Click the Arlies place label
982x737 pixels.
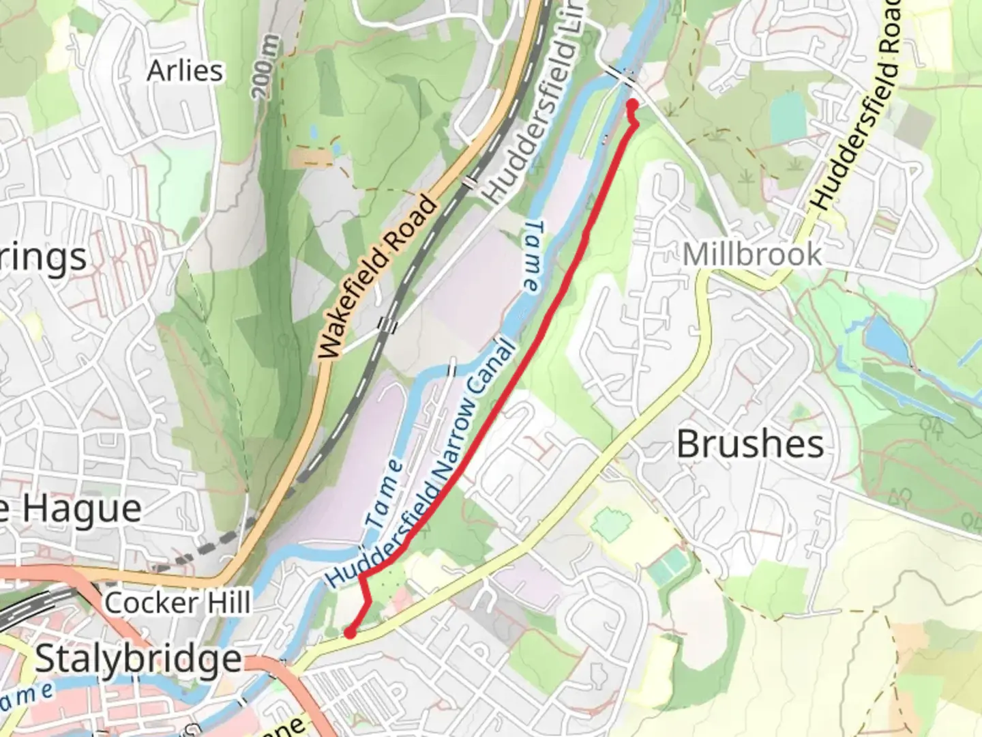(x=185, y=71)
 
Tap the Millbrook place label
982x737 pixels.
(x=752, y=255)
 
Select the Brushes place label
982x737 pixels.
(x=749, y=444)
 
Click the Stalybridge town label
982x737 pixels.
(x=138, y=659)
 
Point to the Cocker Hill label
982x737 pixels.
(x=177, y=603)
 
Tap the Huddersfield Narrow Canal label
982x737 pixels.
(x=423, y=464)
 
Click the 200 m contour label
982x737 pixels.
(x=268, y=66)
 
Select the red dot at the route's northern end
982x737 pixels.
(x=632, y=104)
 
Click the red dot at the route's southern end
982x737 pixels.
(x=350, y=633)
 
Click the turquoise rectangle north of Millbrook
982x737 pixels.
(x=788, y=114)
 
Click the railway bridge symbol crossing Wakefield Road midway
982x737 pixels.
(x=471, y=182)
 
